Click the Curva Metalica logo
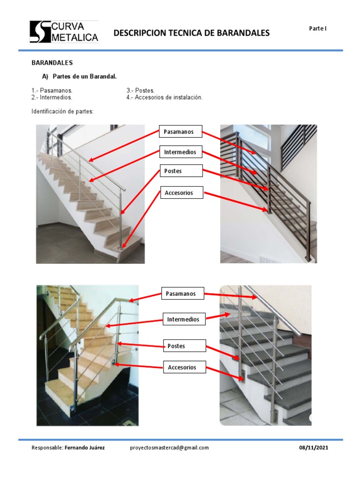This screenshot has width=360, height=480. click(x=64, y=32)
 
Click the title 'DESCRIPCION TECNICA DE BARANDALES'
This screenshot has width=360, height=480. click(x=192, y=33)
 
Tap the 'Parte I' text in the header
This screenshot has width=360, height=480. click(x=317, y=29)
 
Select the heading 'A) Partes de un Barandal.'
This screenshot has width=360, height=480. click(x=79, y=76)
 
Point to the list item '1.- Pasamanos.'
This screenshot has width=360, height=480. click(x=52, y=90)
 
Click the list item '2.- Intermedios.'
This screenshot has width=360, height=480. click(x=52, y=97)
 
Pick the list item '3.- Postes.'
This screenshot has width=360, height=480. click(x=140, y=90)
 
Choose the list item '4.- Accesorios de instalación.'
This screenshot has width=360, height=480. click(x=164, y=97)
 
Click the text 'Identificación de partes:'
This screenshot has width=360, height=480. click(x=63, y=112)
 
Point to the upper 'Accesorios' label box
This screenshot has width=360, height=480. click(x=181, y=193)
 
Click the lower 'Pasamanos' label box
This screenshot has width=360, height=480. click(x=183, y=294)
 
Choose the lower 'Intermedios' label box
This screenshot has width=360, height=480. click(x=184, y=320)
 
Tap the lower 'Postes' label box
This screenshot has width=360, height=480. click(x=184, y=346)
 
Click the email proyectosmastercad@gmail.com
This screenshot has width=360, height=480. click(x=169, y=448)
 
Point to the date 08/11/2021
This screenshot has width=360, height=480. click(x=314, y=448)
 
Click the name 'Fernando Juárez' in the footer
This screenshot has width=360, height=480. click(x=85, y=448)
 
